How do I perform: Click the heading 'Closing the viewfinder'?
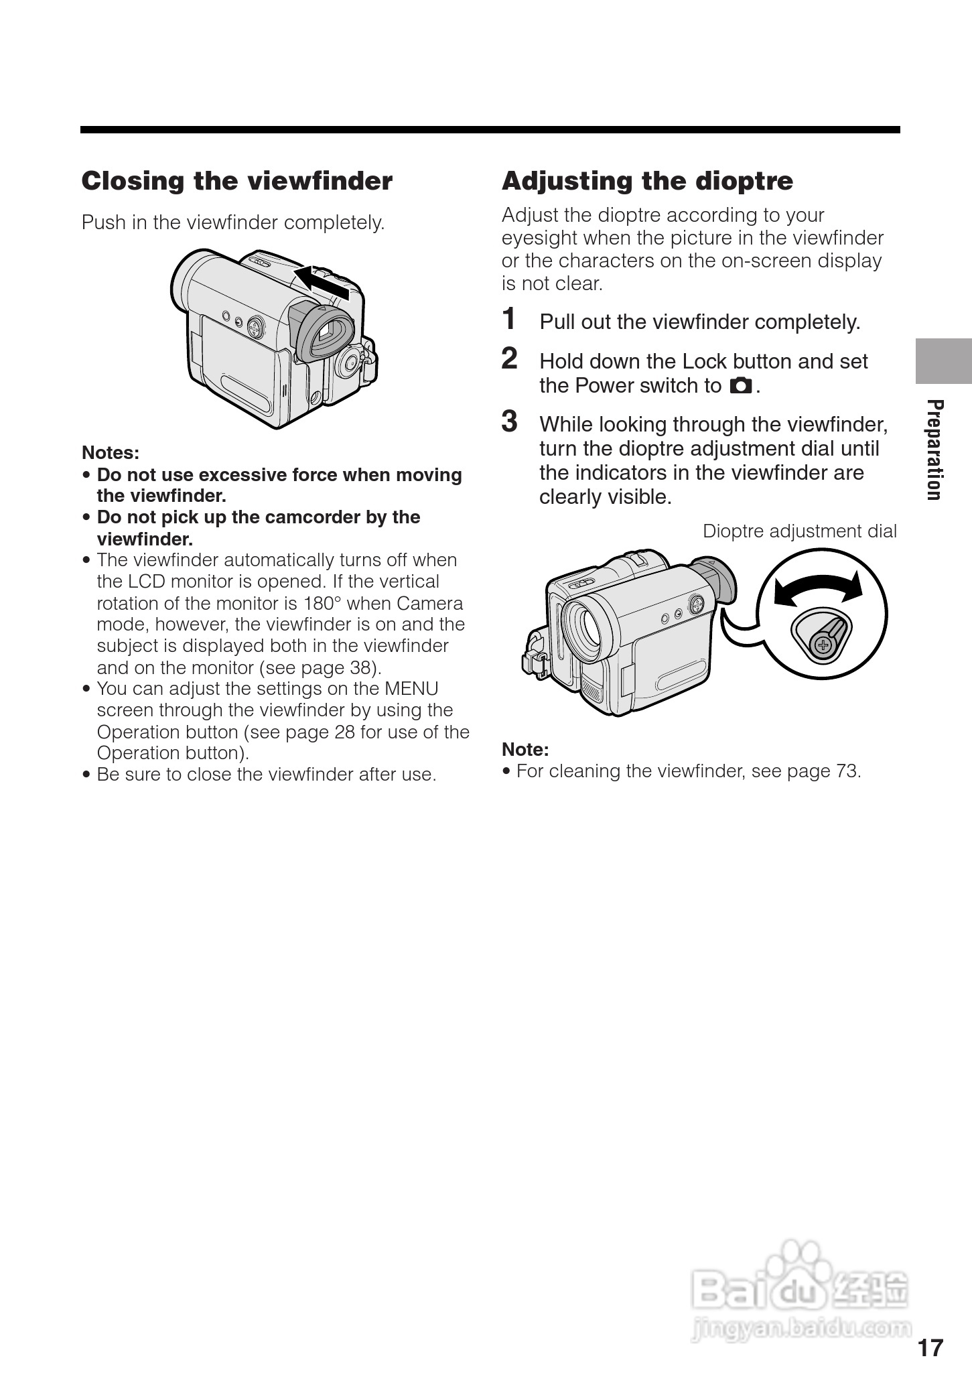(236, 182)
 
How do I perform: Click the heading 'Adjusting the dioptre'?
(647, 182)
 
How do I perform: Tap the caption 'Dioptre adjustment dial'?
(799, 531)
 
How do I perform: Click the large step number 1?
(510, 319)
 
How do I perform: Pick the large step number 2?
(510, 358)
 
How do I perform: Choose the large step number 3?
(510, 421)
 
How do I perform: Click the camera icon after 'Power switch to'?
(741, 386)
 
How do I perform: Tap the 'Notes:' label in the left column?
(111, 453)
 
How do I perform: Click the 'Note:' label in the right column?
(525, 749)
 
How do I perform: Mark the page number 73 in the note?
(846, 771)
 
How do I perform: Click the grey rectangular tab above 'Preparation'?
(943, 361)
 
